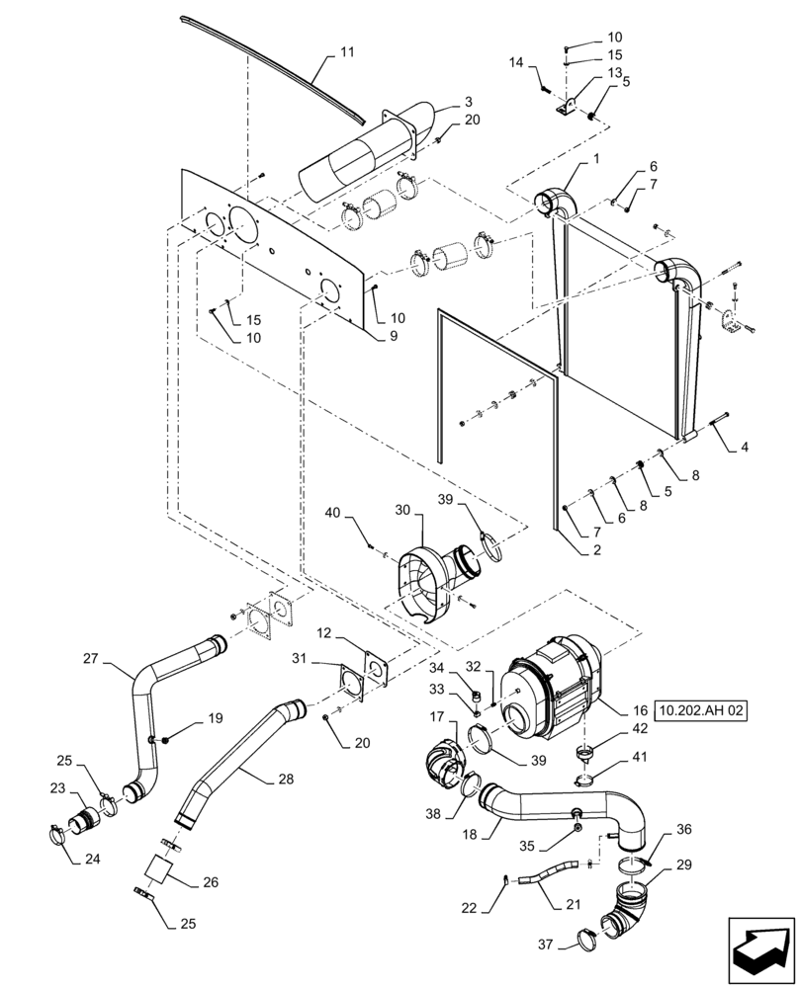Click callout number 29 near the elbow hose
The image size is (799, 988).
pyautogui.click(x=683, y=864)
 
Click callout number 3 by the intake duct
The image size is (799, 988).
pyautogui.click(x=468, y=101)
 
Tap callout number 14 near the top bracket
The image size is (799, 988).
pyautogui.click(x=516, y=62)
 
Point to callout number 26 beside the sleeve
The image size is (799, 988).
pyautogui.click(x=210, y=881)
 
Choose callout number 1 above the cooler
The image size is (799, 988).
pyautogui.click(x=596, y=161)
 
